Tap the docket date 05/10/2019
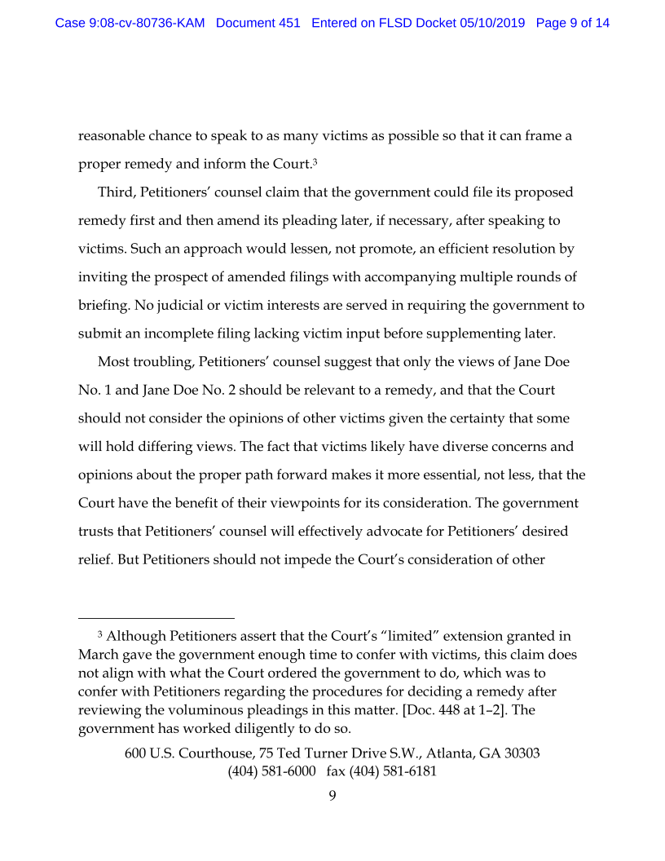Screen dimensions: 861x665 tap(495, 23)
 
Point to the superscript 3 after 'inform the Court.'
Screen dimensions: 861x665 tap(315, 161)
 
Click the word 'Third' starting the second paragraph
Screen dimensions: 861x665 tap(115, 192)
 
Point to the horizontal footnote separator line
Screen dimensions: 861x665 tap(156, 618)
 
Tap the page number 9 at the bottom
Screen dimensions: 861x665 tap(332, 796)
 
